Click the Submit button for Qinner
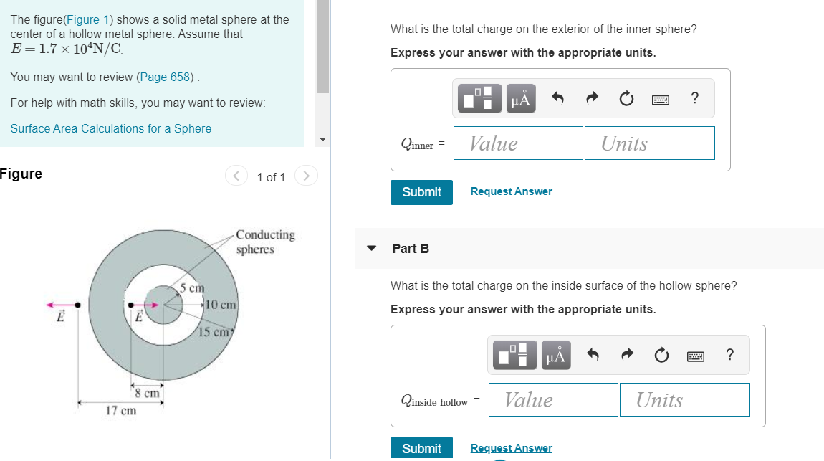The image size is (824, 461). [421, 192]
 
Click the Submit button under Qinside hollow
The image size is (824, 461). [421, 448]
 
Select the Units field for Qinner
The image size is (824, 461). [649, 143]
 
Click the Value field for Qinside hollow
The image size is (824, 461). [553, 400]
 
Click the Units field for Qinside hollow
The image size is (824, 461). [684, 400]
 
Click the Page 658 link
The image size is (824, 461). [166, 77]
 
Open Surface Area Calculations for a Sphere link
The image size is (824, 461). [111, 128]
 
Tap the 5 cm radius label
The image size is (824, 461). [192, 288]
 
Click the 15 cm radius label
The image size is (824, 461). [214, 332]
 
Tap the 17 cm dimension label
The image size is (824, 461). [120, 411]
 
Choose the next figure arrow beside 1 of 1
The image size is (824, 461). [306, 176]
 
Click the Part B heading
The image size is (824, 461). [411, 249]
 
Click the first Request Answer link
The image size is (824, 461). [511, 191]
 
